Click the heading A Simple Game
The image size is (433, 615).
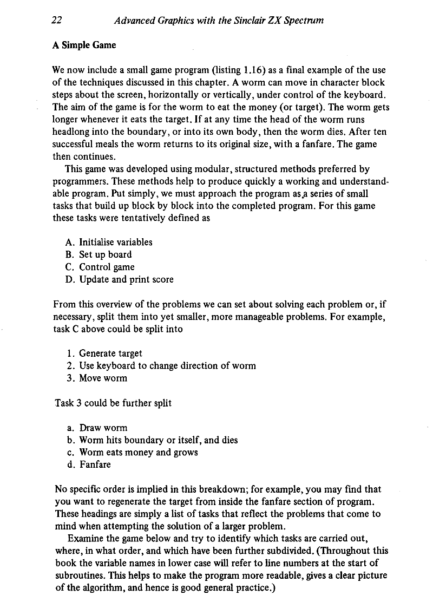(84, 45)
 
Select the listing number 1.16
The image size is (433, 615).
(254, 70)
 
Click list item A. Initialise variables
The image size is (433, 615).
(109, 242)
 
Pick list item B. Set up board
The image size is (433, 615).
(99, 254)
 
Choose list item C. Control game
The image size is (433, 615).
(100, 267)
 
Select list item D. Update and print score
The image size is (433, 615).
(120, 279)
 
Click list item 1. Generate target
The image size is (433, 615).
(104, 354)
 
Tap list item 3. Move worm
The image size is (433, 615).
(96, 378)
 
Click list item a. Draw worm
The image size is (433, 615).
(96, 428)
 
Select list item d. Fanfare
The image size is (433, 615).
(89, 464)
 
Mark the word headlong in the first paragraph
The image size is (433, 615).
(73, 133)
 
